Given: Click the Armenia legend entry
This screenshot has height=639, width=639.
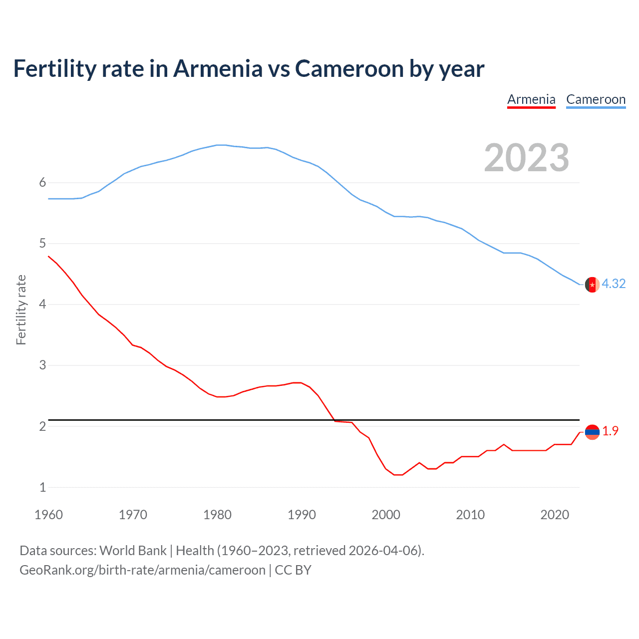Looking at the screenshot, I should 531,99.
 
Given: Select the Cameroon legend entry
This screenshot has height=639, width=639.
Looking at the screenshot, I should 596,99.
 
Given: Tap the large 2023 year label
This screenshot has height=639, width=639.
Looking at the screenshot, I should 527,158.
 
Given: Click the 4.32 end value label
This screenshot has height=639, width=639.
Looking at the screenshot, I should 614,284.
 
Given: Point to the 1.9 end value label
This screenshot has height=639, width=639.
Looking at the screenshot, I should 610,431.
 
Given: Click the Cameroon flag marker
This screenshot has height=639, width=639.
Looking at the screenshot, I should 592,285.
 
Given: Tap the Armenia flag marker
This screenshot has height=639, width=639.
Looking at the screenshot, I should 592,432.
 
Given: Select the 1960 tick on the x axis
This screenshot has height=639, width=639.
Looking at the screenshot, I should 48,515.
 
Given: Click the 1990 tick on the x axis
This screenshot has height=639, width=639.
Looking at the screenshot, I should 302,515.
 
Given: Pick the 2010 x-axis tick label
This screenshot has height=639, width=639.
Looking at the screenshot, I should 470,515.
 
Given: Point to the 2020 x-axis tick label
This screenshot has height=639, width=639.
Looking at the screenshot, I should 555,515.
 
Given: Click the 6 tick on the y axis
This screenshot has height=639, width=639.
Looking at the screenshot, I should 42,183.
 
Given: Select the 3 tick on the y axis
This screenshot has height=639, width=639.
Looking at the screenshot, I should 42,365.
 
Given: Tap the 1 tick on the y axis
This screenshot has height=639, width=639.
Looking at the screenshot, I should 42,487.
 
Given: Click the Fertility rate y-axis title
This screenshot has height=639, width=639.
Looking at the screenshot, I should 21,310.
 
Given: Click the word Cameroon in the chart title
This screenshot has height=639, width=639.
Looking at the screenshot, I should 349,68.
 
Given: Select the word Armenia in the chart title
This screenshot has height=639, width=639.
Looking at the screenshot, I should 218,68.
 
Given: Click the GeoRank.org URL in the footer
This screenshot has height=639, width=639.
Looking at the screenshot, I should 142,570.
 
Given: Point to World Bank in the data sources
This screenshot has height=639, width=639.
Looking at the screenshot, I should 133,550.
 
